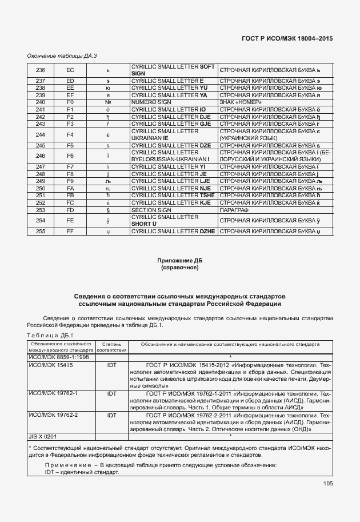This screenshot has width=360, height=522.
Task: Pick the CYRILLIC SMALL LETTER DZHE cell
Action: [x=173, y=231]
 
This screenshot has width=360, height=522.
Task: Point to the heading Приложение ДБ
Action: [x=180, y=261]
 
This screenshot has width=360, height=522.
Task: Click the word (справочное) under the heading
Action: [x=180, y=268]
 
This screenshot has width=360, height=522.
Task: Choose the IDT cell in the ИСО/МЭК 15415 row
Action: [x=111, y=364]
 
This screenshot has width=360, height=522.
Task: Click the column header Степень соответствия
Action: [x=111, y=347]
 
